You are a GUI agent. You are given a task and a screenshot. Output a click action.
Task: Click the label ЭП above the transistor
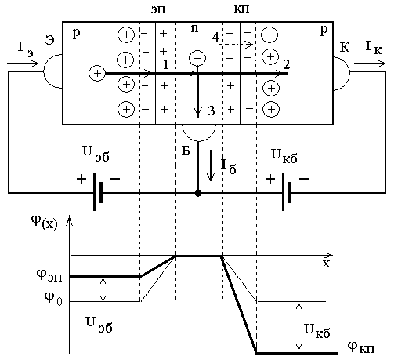click(158, 9)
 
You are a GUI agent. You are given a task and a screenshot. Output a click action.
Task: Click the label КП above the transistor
click(241, 9)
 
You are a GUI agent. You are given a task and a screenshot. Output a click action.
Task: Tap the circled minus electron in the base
click(197, 58)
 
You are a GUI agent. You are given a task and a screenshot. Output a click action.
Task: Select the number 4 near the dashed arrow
click(215, 37)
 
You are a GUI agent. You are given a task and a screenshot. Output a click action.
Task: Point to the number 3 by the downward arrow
click(212, 111)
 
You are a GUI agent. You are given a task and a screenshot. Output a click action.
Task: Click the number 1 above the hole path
click(166, 64)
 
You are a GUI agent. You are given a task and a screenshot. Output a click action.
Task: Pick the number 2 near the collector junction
click(287, 64)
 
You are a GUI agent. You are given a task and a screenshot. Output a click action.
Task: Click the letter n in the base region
click(194, 28)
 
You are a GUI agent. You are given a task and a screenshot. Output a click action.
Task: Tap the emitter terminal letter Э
click(49, 40)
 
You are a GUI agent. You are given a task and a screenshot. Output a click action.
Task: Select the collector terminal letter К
click(345, 48)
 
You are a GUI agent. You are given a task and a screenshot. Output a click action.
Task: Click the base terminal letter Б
click(186, 150)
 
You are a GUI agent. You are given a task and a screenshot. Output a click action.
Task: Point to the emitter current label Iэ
click(25, 49)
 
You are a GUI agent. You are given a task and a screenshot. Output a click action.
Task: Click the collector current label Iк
click(373, 48)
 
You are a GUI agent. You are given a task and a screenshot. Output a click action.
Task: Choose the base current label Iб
click(229, 166)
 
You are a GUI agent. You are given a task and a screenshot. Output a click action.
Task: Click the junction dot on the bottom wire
click(198, 193)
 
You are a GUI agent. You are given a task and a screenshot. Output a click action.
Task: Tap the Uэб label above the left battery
click(96, 154)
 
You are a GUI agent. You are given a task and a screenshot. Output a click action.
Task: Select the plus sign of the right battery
click(270, 180)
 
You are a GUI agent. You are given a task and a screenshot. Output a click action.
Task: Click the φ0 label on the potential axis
click(53, 299)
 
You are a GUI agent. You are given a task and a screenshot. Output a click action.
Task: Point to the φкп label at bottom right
click(361, 347)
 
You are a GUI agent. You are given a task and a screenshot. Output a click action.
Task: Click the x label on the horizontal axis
click(326, 264)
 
